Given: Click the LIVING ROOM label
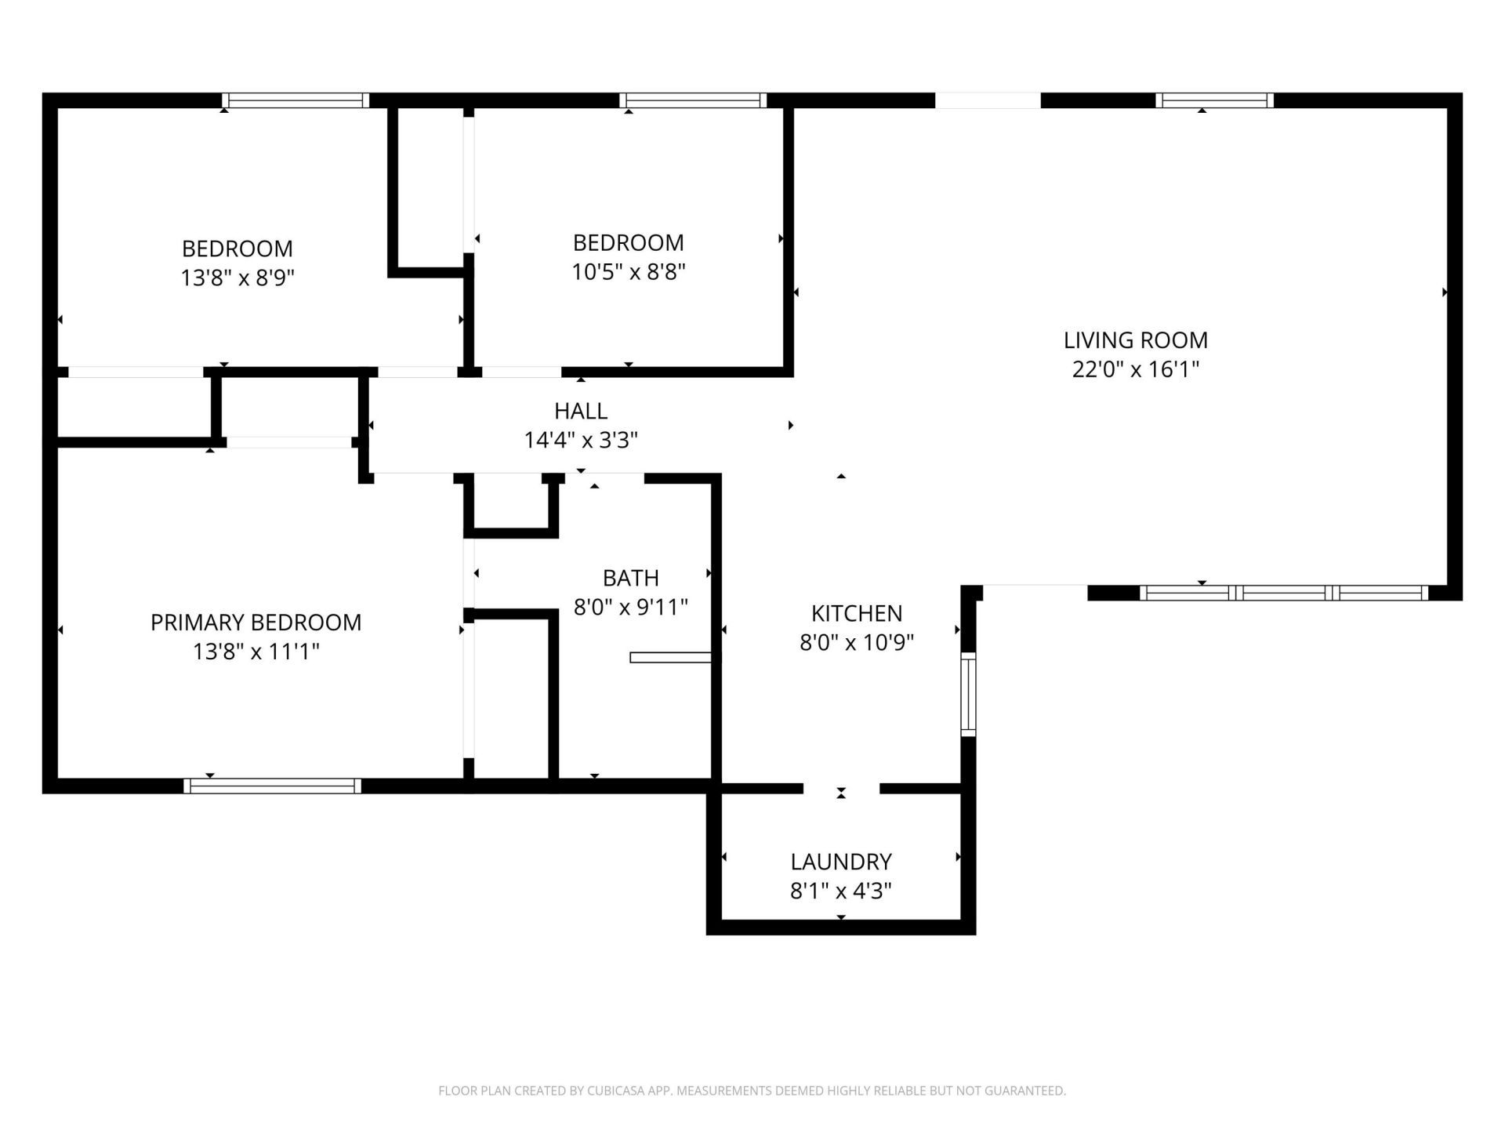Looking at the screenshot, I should click(x=1135, y=340).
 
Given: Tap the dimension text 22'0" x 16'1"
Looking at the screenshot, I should click(x=1135, y=369).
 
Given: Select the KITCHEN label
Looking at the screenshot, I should click(x=856, y=613).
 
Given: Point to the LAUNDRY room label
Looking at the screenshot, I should click(x=840, y=862).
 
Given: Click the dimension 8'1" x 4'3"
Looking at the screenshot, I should click(x=840, y=891).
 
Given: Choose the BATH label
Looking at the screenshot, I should click(x=630, y=578).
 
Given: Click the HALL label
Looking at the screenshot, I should click(x=580, y=411).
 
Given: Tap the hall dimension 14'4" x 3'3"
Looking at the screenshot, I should click(x=580, y=440).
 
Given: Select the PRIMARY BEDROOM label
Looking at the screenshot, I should click(x=256, y=623).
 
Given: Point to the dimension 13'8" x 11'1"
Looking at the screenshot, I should click(x=256, y=652).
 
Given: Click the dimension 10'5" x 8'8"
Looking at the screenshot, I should click(x=628, y=272).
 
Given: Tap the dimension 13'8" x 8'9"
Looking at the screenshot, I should click(x=237, y=278).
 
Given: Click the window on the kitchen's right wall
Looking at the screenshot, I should click(x=968, y=695).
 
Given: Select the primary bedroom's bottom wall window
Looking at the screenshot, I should click(x=272, y=786).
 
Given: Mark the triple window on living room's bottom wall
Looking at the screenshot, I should click(x=1283, y=593).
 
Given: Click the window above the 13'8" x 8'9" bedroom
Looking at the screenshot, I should click(x=296, y=100).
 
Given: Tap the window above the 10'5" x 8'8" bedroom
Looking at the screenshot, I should click(x=693, y=100).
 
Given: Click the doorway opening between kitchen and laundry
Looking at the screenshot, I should click(x=841, y=789).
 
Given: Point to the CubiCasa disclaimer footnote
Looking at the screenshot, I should click(x=752, y=1091).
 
